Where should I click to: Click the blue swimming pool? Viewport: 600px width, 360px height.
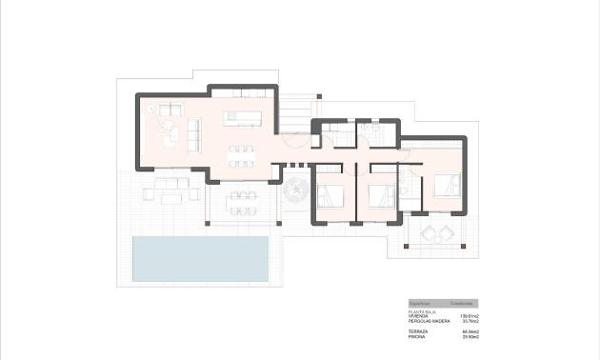(199, 258)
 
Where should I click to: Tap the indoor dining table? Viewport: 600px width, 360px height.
(242, 155)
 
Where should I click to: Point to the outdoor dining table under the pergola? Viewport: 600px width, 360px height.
(243, 202)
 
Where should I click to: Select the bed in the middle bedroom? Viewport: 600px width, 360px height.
(381, 195)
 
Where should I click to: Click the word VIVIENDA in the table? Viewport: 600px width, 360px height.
(419, 315)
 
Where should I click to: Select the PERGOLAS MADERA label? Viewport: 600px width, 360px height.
(429, 321)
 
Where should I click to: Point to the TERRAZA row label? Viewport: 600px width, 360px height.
(418, 330)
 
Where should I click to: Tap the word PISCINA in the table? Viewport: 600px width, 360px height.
(417, 336)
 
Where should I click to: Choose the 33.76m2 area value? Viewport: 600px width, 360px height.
(470, 321)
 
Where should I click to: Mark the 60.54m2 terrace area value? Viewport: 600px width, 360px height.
(470, 330)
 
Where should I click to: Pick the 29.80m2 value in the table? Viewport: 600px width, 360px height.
(470, 336)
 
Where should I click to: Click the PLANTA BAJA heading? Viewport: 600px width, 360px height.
(422, 310)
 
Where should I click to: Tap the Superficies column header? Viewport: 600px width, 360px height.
(420, 303)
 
